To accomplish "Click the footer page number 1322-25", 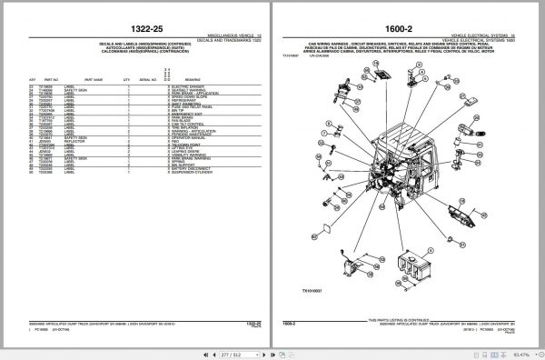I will click(x=252, y=323).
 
